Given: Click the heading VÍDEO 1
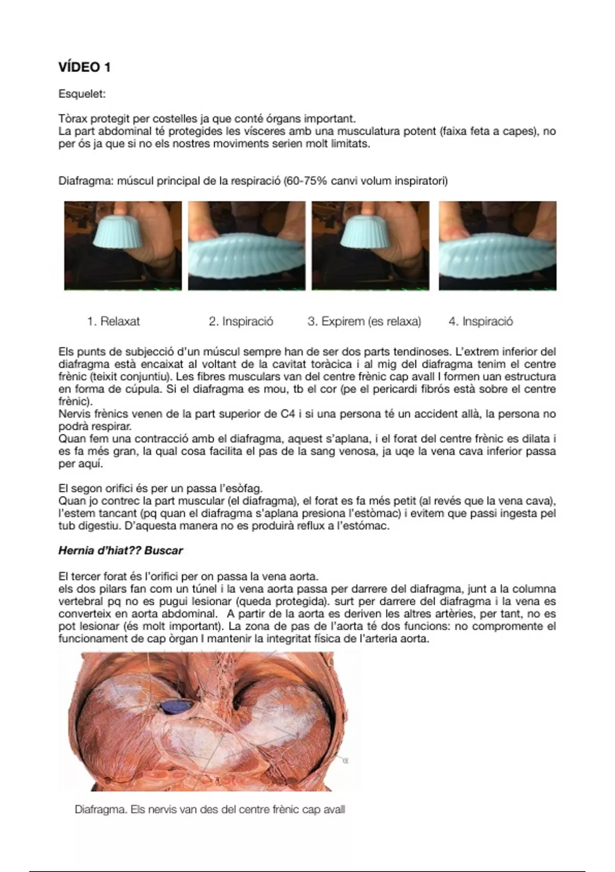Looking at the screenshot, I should (x=85, y=67).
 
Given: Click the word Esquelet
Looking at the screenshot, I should (x=82, y=94).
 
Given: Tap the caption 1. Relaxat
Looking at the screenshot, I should (x=113, y=322).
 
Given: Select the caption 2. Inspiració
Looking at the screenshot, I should (x=241, y=322).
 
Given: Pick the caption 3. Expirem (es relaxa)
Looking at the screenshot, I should (x=364, y=322).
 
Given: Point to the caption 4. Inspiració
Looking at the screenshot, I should (x=481, y=322).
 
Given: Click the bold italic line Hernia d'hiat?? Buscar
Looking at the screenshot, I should (x=120, y=551).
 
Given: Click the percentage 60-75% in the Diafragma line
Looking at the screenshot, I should (x=306, y=181).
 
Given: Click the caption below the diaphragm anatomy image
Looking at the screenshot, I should (x=210, y=810).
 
